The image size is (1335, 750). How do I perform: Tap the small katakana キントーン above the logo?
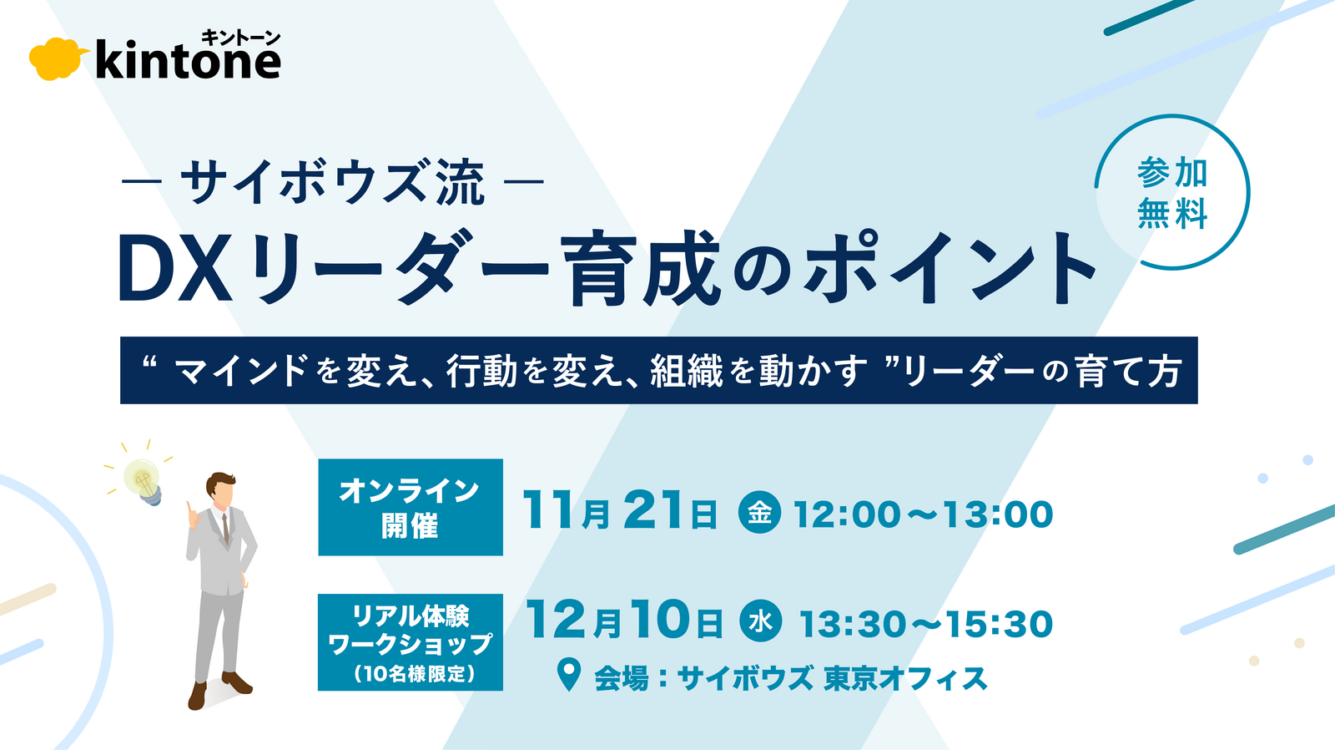(x=240, y=38)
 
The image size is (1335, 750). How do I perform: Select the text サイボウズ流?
(x=332, y=182)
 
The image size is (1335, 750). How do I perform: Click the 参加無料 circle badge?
(x=1171, y=192)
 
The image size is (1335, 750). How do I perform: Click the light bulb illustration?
(x=143, y=481)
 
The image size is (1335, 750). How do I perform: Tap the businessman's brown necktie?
(x=226, y=530)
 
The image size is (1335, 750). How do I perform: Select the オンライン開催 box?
(x=411, y=507)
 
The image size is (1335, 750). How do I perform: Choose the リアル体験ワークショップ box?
(x=411, y=642)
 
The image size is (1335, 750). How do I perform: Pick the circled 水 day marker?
(x=760, y=621)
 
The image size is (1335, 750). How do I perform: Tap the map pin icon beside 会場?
(x=568, y=674)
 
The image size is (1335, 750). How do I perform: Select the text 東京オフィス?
(x=904, y=679)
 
